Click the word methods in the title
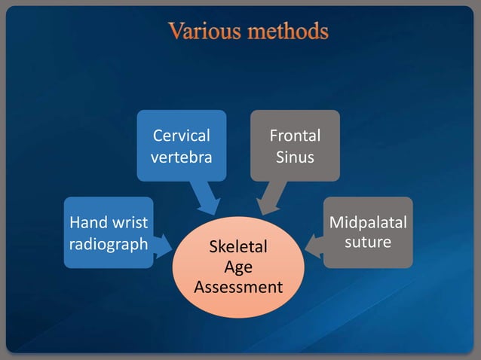pos(284,32)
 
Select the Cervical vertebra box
pos(181,145)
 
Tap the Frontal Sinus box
pos(295,145)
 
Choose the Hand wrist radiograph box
pos(109,232)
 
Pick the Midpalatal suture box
pos(368,232)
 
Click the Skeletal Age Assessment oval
pos(238,267)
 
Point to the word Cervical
pos(181,136)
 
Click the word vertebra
pos(181,157)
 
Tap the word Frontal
pos(295,136)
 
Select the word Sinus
pos(295,157)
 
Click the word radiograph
pos(109,244)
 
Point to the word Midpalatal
pos(368,222)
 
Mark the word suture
pos(368,243)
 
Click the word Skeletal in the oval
pos(238,248)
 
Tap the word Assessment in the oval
pos(238,287)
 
